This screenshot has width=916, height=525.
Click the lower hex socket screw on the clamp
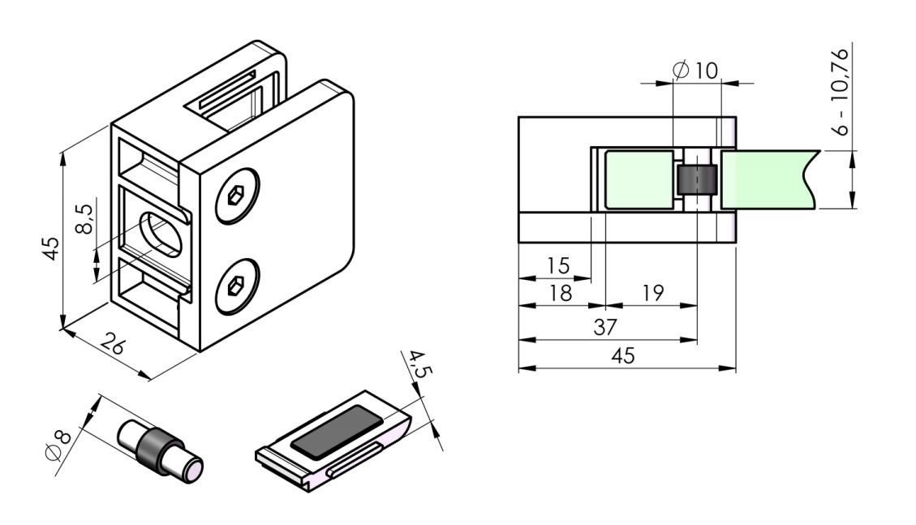(237, 286)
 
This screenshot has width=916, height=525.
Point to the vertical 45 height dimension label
(51, 247)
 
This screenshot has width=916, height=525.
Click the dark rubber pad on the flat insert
(336, 430)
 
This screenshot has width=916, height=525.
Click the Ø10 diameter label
(696, 71)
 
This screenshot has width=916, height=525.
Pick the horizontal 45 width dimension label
(624, 355)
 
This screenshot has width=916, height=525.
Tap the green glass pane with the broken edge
(767, 179)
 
